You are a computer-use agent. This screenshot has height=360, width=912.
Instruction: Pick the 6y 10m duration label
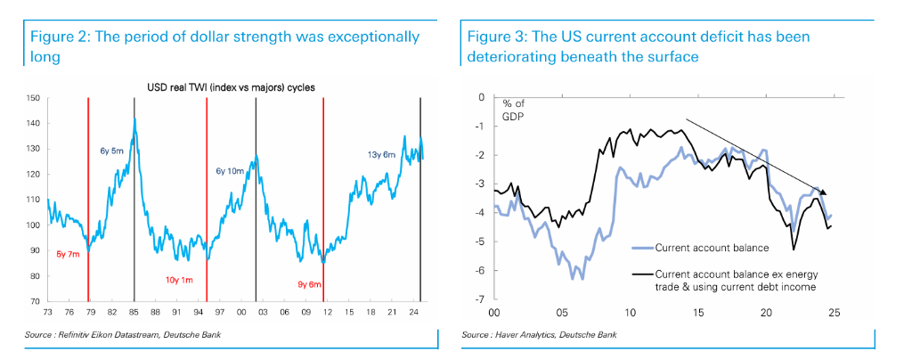[231, 170]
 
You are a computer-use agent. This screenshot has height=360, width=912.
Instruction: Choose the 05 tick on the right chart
[561, 313]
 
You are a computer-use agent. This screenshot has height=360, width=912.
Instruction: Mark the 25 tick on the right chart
[835, 313]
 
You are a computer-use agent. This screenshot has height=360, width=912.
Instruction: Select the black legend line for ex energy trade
[640, 274]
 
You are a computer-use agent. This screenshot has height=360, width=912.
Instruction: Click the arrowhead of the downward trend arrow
[824, 192]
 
